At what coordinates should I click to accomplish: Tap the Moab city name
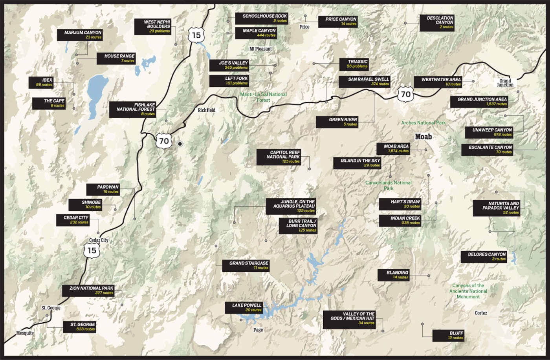click(423, 137)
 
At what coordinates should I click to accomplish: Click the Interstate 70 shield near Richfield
click(164, 141)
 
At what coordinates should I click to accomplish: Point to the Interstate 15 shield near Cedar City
click(92, 250)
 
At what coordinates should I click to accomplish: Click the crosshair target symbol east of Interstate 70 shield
click(180, 144)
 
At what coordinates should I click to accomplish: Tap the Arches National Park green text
click(423, 123)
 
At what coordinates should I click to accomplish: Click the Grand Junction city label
click(505, 82)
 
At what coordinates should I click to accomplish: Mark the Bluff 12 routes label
click(448, 335)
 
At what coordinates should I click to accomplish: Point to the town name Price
click(304, 27)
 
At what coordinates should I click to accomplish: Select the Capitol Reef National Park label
click(279, 157)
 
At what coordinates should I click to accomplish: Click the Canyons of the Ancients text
click(468, 291)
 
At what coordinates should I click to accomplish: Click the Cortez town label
click(481, 313)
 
